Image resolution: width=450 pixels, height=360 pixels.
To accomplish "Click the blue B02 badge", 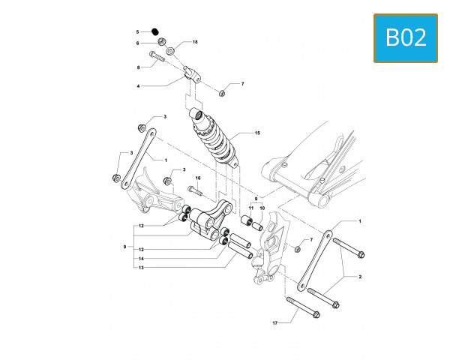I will pyautogui.click(x=406, y=37).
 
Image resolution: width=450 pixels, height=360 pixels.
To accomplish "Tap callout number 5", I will pyautogui.click(x=138, y=32).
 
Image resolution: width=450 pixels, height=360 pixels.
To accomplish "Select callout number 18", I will pyautogui.click(x=195, y=42).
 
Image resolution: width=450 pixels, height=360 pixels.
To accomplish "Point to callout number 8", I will pyautogui.click(x=138, y=67).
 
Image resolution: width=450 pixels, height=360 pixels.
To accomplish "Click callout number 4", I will pyautogui.click(x=138, y=86).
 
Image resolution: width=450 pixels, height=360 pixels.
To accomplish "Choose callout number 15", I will pyautogui.click(x=257, y=133).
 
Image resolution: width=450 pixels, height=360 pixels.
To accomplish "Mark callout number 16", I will pyautogui.click(x=199, y=178).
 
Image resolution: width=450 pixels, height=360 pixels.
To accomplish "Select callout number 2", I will pyautogui.click(x=359, y=277).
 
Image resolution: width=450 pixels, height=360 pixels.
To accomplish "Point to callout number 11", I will pyautogui.click(x=253, y=208).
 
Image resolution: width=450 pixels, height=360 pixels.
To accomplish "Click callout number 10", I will pyautogui.click(x=262, y=208).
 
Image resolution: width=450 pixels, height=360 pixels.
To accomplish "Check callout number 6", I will pyautogui.click(x=138, y=43).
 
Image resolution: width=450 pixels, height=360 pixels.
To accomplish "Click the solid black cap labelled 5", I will pyautogui.click(x=155, y=32).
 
